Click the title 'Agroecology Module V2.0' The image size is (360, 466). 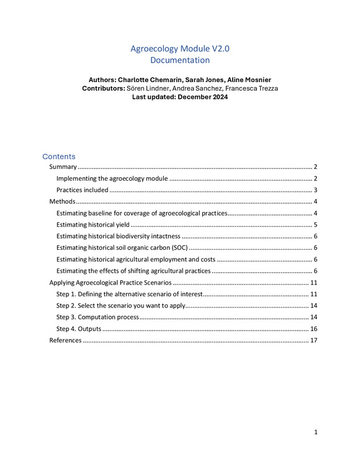coord(179,48)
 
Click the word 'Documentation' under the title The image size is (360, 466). coord(179,60)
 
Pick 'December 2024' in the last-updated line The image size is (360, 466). coord(202,98)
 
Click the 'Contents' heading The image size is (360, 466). coord(58,157)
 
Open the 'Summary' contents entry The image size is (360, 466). coord(63,167)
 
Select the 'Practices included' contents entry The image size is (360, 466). coord(83,190)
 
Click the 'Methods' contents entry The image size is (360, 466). coord(62,202)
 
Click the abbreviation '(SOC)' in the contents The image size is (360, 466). coord(175,248)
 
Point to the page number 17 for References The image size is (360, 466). coord(313,340)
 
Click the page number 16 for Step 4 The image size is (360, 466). coord(313,329)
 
